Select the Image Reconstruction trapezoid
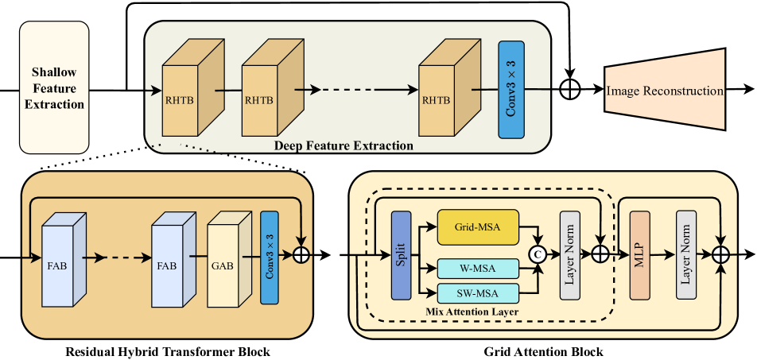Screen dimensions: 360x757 click(665, 91)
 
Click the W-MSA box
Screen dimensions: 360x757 click(477, 268)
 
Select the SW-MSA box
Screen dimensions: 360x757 click(477, 291)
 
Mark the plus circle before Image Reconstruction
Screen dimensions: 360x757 click(570, 91)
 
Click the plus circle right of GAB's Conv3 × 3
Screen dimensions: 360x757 click(301, 255)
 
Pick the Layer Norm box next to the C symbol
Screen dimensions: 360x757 click(570, 255)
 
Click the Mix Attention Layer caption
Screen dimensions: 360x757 click(472, 312)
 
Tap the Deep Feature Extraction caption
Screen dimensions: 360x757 click(344, 145)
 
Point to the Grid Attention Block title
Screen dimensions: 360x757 click(543, 351)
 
